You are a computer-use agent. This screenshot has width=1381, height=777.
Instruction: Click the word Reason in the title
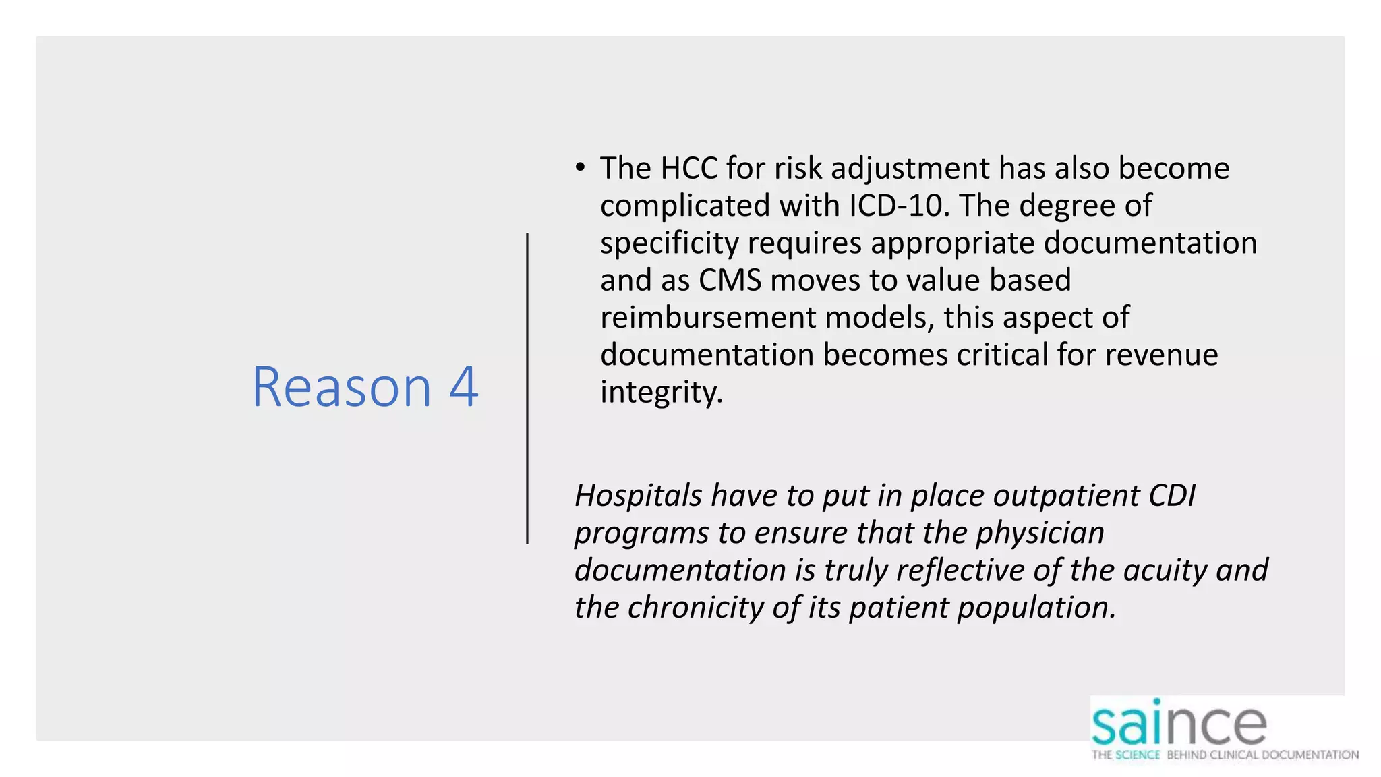(x=341, y=387)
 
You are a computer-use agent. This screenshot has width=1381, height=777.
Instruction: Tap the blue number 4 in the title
(x=464, y=387)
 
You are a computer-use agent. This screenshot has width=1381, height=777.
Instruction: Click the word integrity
(x=661, y=392)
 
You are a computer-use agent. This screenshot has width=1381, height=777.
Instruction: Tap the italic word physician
(x=1040, y=533)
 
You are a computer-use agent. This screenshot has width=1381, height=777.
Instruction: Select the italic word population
(x=1036, y=607)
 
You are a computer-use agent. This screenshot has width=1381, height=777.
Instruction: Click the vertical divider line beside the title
(x=527, y=388)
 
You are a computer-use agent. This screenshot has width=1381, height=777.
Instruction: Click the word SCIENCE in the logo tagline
(x=1138, y=755)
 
